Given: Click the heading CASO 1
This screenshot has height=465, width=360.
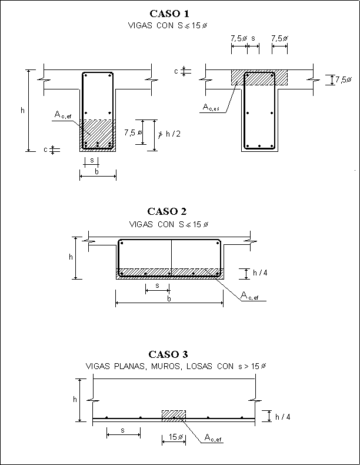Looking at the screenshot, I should pos(169,13).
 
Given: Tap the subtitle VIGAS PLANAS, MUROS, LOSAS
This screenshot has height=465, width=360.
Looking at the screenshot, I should pos(176,366).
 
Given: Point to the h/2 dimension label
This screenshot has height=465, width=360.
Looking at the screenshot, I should pos(173,134).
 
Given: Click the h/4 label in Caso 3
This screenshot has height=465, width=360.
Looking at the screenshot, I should pos(283,417).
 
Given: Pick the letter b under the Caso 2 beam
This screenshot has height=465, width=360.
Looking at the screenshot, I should pos(169,299).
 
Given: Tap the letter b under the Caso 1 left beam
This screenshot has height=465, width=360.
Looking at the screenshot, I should pos(97,171).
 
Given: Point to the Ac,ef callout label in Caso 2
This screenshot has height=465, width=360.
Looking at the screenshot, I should pos(249,296).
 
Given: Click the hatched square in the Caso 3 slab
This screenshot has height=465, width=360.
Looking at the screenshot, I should pos(174,416).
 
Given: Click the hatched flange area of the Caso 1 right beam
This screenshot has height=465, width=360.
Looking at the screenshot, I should pos(259,78).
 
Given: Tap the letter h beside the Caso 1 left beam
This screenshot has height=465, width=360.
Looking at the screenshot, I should pos(22,109).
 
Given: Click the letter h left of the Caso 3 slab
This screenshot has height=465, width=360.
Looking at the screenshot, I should pos(75,400).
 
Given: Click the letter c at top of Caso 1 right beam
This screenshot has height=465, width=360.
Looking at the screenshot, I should pos(176,71).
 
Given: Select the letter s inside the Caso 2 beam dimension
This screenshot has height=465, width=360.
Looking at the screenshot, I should pos(157,285).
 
